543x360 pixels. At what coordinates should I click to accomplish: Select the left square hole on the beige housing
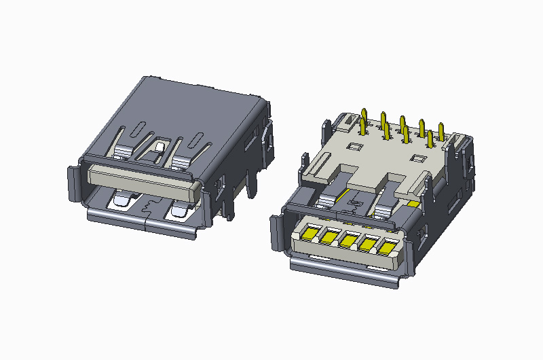click(352, 146)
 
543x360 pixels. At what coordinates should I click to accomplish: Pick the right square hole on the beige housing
click(418, 158)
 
